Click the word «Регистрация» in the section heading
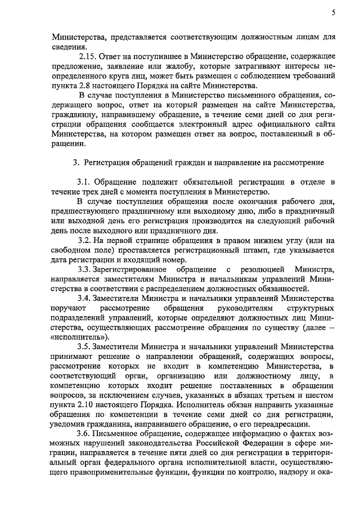point(112,163)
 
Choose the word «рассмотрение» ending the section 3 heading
point(296,163)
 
